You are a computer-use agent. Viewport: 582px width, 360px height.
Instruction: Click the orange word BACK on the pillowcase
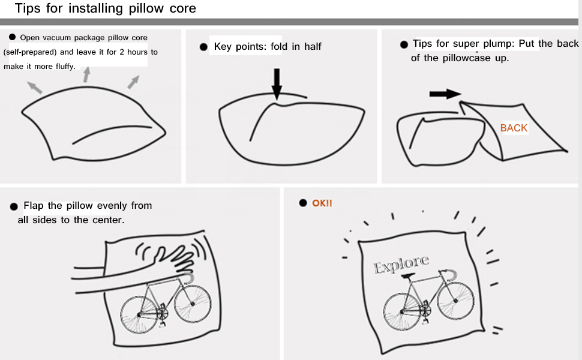point(514,128)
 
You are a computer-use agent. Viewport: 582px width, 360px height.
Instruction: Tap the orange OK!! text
point(322,203)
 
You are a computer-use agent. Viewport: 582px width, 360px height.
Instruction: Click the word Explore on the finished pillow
point(401,264)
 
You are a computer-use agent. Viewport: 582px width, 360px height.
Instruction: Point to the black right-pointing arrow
point(445,94)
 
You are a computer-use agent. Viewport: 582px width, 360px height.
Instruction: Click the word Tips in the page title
point(28,9)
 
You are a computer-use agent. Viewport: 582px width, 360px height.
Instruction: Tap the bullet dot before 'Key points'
point(203,47)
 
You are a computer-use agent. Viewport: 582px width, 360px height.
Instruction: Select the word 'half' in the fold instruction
point(313,47)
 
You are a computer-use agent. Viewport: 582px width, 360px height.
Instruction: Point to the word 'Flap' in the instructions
point(34,205)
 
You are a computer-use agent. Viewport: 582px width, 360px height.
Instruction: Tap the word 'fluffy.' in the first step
point(65,66)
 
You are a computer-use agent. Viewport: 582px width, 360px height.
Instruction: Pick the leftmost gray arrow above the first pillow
point(35,87)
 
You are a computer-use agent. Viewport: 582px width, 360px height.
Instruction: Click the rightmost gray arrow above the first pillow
point(134,82)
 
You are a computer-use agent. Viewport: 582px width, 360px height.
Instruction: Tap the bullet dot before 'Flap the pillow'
point(13,206)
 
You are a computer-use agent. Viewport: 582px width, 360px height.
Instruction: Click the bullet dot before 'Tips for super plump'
point(404,44)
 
